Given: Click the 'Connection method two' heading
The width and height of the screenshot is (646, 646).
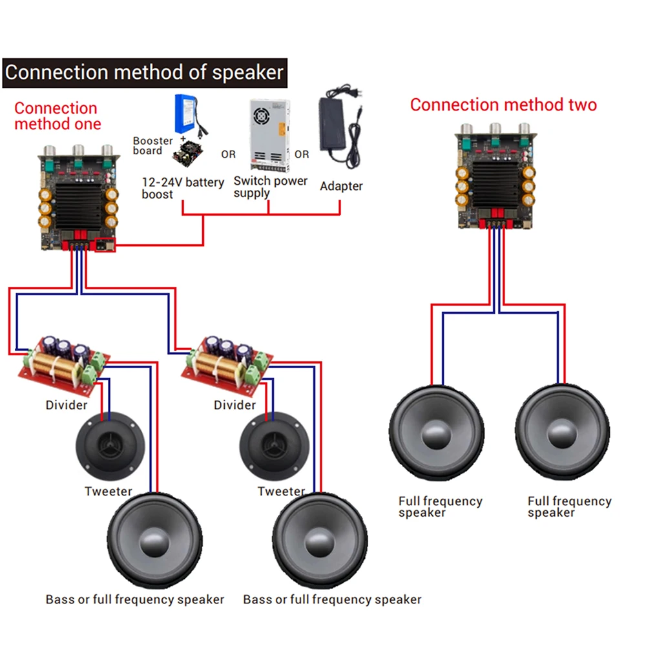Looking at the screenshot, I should pos(503,105).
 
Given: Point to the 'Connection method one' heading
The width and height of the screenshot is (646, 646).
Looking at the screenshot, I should pos(56,116).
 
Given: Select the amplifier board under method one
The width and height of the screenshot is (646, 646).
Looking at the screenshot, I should pos(77,198).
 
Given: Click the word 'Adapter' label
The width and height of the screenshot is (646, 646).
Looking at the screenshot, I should pos(341,186).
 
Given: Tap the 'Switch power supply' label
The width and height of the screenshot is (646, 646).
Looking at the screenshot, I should pos(270,187).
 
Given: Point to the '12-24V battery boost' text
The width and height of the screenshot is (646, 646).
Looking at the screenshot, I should pos(183,188).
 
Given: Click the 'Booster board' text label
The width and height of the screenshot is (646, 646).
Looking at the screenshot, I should pos(152,145).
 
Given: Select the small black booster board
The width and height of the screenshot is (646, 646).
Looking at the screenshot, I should pos(188,152).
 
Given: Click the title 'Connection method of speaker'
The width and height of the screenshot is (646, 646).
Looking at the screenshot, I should pos(144,72).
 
